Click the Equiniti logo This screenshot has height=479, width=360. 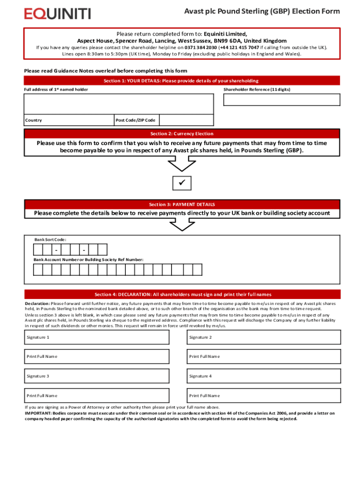[58, 13]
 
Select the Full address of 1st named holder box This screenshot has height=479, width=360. [119, 104]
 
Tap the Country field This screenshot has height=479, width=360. [69, 120]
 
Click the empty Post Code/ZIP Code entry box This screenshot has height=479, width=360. [186, 120]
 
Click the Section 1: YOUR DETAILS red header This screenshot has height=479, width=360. [182, 81]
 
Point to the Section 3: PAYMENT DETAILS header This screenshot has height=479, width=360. [182, 204]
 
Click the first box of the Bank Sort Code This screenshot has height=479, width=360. [38, 250]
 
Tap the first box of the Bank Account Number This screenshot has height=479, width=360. [38, 269]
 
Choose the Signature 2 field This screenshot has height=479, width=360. [264, 337]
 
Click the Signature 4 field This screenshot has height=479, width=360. [264, 376]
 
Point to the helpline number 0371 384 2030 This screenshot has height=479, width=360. [201, 48]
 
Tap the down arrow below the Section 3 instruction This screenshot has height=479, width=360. [182, 225]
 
